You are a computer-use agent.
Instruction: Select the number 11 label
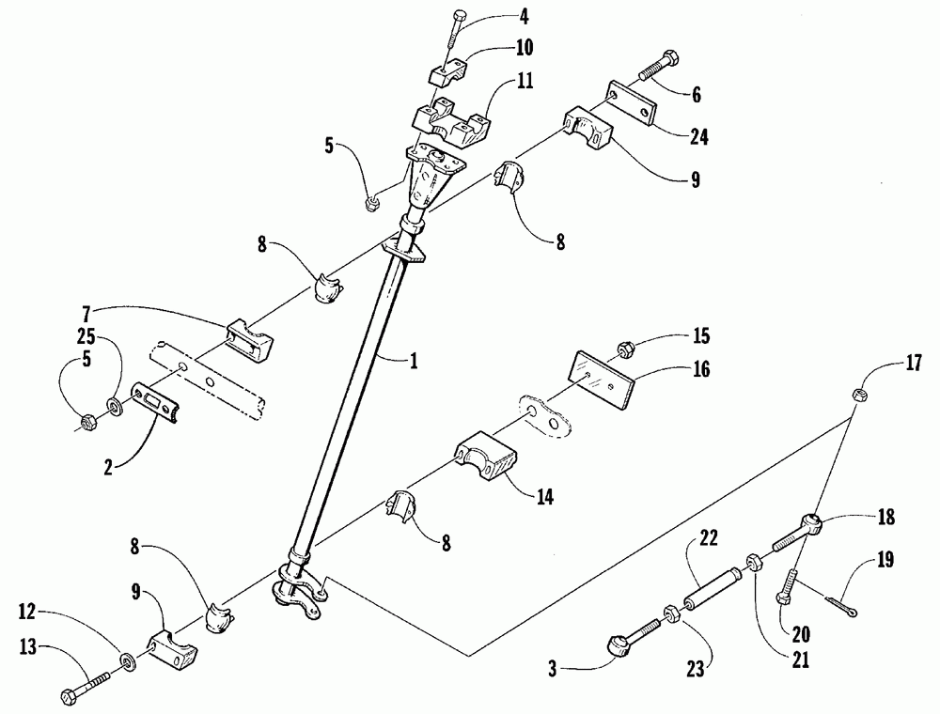(x=525, y=84)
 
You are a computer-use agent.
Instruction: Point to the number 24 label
(x=697, y=137)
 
